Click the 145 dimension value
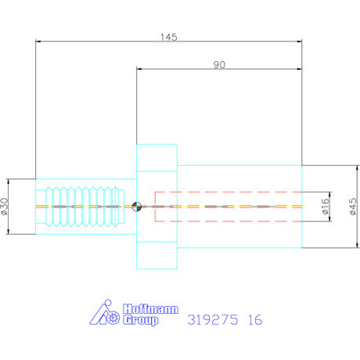[x=169, y=37]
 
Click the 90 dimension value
[x=219, y=65]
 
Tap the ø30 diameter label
[x=5, y=207]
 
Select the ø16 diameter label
[x=325, y=207]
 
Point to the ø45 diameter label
[x=353, y=207]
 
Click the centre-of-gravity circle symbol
[x=136, y=207]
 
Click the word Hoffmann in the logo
[x=150, y=309]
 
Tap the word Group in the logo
[x=141, y=320]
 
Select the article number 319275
[x=213, y=320]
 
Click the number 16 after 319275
[x=255, y=320]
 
